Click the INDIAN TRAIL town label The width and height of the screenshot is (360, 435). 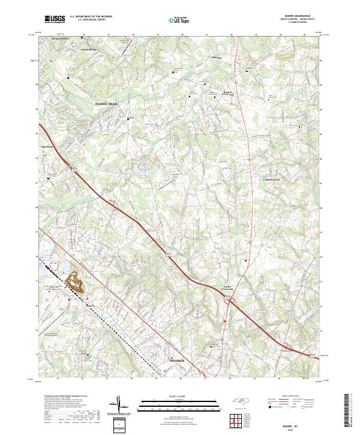tap(107, 104)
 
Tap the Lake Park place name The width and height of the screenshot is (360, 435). tap(47, 146)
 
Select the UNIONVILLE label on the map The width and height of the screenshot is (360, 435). tap(273, 179)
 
